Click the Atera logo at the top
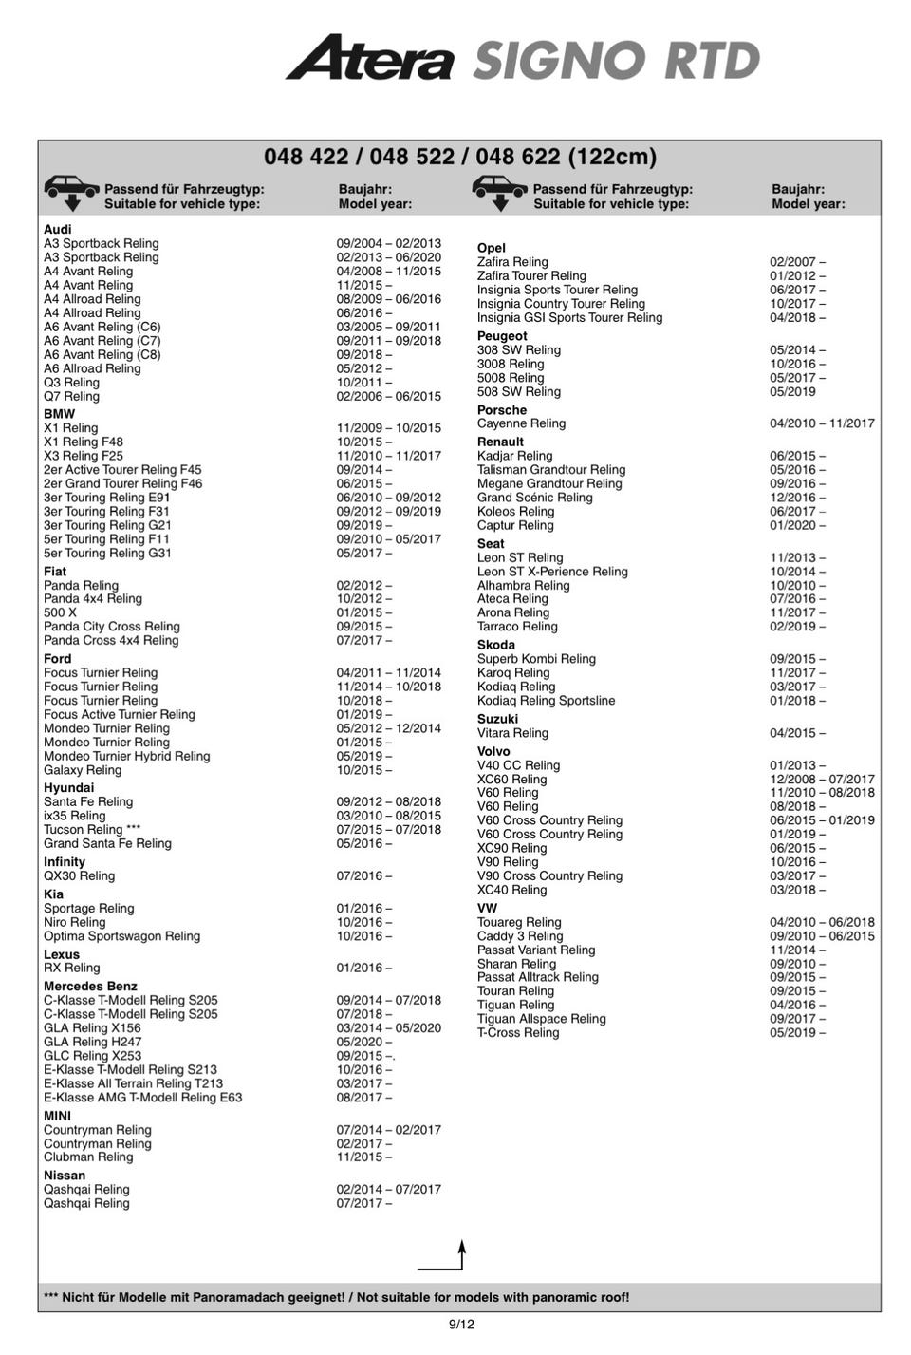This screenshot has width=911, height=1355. tap(370, 58)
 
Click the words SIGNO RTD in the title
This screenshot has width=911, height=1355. tap(617, 61)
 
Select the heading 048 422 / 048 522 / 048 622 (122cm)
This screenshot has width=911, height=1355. tap(459, 157)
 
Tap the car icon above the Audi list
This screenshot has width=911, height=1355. tap(71, 191)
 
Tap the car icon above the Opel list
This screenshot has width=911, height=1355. tap(499, 191)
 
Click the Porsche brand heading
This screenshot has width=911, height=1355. tap(501, 410)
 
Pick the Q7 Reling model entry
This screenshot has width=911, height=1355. tap(71, 396)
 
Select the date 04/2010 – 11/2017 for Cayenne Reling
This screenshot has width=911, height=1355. tap(822, 423)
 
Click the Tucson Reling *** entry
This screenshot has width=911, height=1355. tap(92, 829)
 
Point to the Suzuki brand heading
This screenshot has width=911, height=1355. tap(497, 719)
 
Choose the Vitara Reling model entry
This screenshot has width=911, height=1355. tap(512, 733)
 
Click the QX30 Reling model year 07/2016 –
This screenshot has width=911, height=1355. tap(363, 875)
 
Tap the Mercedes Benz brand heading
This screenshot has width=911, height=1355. tap(90, 987)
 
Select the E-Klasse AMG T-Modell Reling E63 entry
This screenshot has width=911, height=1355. tap(142, 1097)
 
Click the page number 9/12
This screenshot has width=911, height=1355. tap(461, 1324)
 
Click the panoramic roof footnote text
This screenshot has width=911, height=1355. tap(336, 1297)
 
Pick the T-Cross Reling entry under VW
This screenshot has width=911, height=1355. tap(518, 1032)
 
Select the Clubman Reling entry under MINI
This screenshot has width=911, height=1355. tap(88, 1157)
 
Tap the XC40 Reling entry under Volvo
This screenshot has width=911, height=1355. tap(511, 890)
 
